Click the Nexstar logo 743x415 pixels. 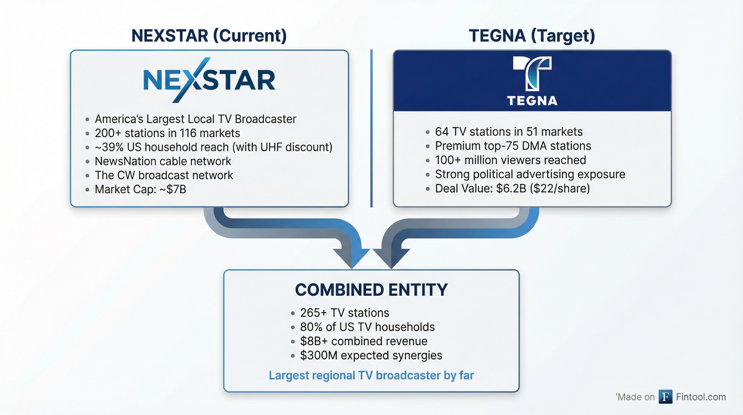(x=209, y=80)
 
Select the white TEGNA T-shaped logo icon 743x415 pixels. (x=532, y=73)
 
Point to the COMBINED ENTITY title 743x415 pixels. (x=371, y=290)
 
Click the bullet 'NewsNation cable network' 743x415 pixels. (x=163, y=161)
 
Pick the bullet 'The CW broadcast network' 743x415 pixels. (x=164, y=175)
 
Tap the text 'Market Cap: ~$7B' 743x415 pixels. (x=140, y=190)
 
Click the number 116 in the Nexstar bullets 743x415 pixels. (x=188, y=133)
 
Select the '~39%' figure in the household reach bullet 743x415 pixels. (x=109, y=147)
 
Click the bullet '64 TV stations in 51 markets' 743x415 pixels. (x=509, y=132)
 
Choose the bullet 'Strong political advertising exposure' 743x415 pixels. (x=530, y=174)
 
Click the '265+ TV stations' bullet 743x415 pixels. (x=345, y=313)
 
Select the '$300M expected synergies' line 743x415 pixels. (x=371, y=356)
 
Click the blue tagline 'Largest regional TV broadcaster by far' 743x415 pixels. (x=371, y=376)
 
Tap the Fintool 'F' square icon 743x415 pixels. (x=666, y=397)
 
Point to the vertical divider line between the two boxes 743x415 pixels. (x=371, y=128)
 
